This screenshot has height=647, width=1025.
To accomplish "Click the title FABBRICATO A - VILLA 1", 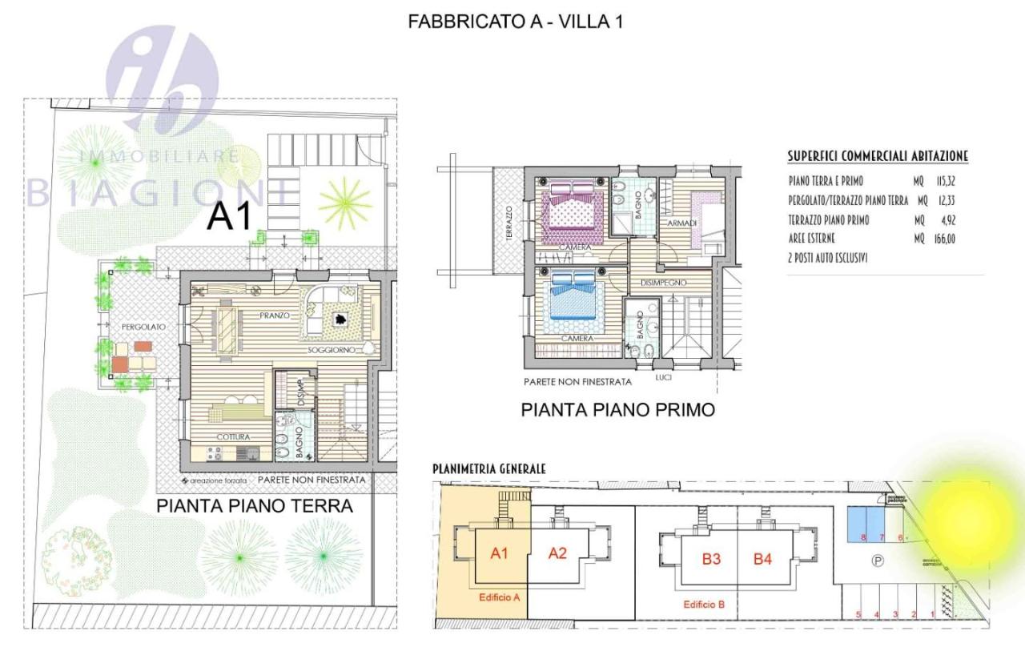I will pyautogui.click(x=515, y=22).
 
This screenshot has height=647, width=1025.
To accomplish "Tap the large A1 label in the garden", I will pyautogui.click(x=230, y=217).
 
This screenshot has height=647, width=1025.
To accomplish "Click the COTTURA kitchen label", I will pyautogui.click(x=233, y=437).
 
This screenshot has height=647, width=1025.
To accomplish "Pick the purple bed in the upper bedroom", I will pyautogui.click(x=572, y=215).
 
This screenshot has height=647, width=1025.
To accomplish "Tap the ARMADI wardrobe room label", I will pyautogui.click(x=683, y=223).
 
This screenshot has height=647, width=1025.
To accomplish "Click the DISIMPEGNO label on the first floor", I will pyautogui.click(x=658, y=283).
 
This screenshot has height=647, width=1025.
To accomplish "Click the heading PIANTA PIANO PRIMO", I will pyautogui.click(x=617, y=410).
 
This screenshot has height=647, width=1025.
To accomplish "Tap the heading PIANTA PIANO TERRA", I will pyautogui.click(x=255, y=506).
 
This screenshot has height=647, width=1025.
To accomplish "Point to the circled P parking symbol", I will pyautogui.click(x=878, y=562).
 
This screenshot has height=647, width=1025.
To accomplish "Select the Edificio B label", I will pyautogui.click(x=703, y=605).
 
